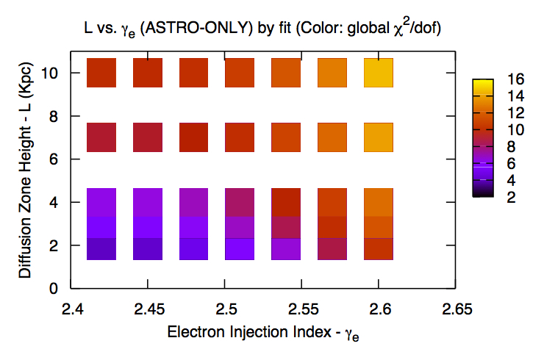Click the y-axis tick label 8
55,116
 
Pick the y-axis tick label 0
55,288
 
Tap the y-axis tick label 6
55,159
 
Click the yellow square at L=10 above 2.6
379,73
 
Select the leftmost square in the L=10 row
102,73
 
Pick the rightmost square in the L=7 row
379,137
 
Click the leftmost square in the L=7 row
102,137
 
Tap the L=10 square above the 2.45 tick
148,73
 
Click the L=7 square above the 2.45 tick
148,137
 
